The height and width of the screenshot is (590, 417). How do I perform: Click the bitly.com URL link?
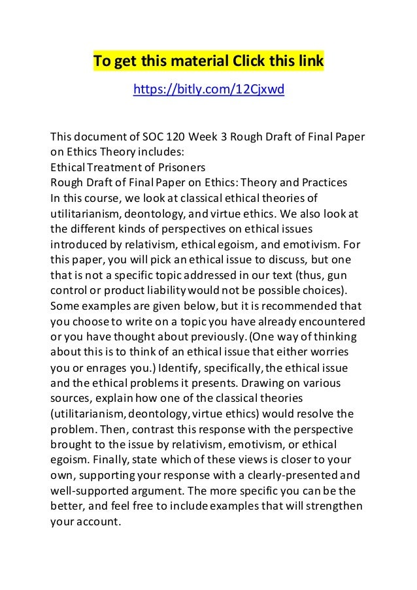coord(208,89)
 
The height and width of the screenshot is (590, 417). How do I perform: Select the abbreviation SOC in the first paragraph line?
coord(154,137)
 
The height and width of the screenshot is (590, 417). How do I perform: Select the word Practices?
coord(324,180)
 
